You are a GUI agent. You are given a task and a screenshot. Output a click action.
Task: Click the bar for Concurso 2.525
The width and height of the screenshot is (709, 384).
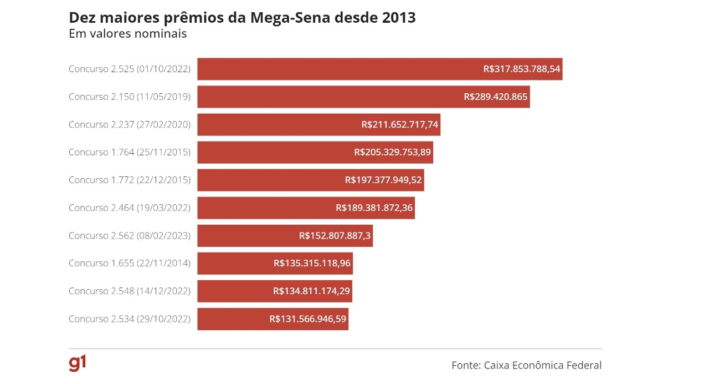coord(332,69)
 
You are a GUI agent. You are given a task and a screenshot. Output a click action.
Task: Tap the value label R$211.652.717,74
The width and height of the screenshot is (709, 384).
coord(399,125)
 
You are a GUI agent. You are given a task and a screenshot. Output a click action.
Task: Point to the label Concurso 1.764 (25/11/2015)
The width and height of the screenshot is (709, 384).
coord(130,153)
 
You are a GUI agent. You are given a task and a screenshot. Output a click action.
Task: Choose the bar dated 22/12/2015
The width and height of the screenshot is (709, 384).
coord(266,180)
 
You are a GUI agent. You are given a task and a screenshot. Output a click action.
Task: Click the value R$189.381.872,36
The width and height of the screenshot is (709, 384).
coord(374,208)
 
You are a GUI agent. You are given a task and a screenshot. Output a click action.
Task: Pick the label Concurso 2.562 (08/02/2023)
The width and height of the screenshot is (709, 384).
coord(130,236)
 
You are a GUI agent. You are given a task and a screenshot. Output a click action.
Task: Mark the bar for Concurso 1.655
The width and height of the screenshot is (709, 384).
coord(233,264)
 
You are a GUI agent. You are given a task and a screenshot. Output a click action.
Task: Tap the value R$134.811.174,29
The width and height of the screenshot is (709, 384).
coord(311,291)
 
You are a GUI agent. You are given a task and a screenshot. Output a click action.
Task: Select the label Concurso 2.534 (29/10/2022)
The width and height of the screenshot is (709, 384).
coord(130,319)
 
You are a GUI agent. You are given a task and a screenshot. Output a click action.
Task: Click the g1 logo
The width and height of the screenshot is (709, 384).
coord(78,363)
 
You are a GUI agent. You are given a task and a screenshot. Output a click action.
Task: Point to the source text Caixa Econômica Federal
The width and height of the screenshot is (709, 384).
coord(542,365)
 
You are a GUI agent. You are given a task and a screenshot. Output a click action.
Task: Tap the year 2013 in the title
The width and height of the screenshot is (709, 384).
coord(399,18)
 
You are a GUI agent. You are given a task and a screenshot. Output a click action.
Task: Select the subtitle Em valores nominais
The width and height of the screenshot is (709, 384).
coord(127,34)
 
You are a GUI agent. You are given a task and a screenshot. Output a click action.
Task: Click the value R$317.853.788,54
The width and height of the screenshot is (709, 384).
coord(522,69)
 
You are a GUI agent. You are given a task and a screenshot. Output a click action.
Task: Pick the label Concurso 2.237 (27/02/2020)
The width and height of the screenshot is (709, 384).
coord(130,125)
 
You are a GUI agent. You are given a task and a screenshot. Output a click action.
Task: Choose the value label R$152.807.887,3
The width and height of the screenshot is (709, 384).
coord(335,236)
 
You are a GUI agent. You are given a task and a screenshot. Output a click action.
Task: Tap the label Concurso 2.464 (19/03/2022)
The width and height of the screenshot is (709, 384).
coord(130,208)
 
